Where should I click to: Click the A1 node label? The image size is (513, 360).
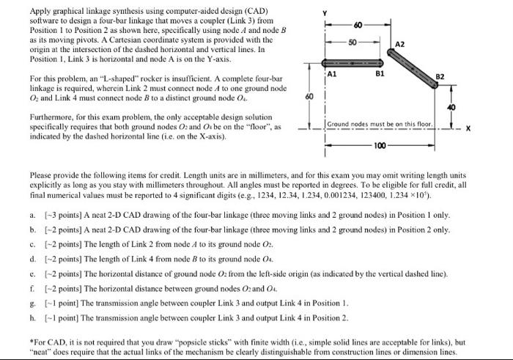coord(331,74)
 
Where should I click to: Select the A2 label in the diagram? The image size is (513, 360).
coord(400,44)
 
